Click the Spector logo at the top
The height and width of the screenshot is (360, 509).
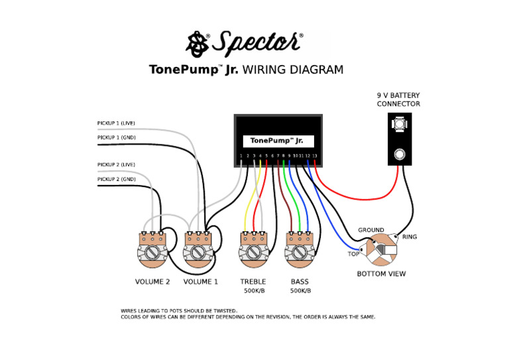[x=245, y=44]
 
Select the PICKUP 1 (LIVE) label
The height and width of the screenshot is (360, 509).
[x=116, y=123]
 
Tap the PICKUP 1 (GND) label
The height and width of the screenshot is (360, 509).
[x=116, y=137]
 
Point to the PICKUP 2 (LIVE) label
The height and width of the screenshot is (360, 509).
[x=116, y=164]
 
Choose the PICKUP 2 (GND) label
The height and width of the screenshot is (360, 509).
[x=116, y=179]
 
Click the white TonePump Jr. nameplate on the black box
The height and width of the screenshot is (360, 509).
[x=278, y=141]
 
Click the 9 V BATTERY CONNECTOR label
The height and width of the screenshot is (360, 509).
[x=398, y=99]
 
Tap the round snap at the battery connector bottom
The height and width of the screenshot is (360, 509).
[x=400, y=155]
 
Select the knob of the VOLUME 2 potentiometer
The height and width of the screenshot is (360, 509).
[x=152, y=253]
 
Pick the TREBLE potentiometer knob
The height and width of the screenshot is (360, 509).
[x=253, y=253]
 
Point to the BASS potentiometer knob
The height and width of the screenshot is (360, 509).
[x=300, y=253]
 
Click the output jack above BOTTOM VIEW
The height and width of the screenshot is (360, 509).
[x=382, y=251]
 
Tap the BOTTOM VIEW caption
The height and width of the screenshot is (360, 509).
[x=381, y=274]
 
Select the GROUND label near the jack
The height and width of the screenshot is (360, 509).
[x=371, y=230]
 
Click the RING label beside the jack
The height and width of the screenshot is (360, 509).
[x=410, y=237]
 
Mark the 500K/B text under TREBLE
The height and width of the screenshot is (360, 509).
[x=253, y=291]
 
